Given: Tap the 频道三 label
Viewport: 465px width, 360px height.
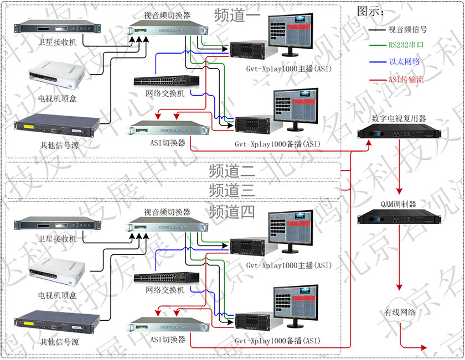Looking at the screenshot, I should (x=232, y=190).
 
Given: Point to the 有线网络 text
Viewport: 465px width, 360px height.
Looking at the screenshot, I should (x=400, y=312).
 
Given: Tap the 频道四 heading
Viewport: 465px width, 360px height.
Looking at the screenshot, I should (x=232, y=211).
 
